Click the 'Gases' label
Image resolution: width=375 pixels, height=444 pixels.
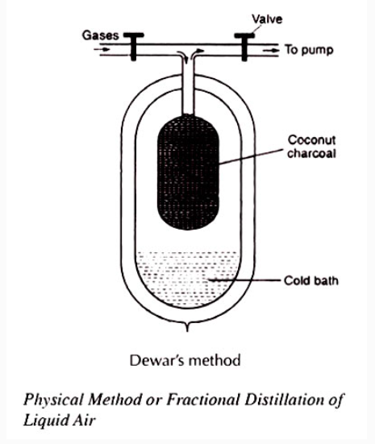click(x=100, y=35)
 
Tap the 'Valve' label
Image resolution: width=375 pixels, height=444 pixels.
click(x=267, y=19)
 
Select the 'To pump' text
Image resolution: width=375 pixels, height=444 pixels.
click(x=309, y=50)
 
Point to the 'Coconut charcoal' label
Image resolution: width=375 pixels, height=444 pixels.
click(x=311, y=147)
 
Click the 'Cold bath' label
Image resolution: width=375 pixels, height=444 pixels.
click(x=311, y=280)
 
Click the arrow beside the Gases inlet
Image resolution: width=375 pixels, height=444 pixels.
click(x=102, y=49)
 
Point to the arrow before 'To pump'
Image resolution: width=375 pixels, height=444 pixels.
click(x=271, y=51)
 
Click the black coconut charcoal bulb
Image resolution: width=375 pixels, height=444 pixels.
click(x=188, y=172)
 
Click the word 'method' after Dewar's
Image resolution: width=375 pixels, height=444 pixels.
click(x=215, y=360)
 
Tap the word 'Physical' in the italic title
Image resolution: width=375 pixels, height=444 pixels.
click(x=54, y=400)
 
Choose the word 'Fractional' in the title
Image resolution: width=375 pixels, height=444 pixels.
click(x=202, y=399)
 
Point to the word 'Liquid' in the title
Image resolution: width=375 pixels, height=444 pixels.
click(x=45, y=420)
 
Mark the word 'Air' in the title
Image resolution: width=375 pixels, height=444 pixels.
click(x=84, y=419)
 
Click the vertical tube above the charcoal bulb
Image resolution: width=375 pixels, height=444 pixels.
click(x=188, y=85)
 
